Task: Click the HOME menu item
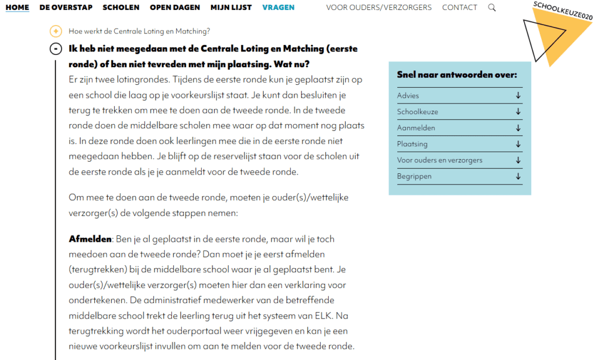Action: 17,8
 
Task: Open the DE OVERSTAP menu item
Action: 66,8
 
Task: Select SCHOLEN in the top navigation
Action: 121,8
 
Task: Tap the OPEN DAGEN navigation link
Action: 175,8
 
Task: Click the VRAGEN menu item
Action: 278,8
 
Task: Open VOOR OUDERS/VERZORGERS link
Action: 378,8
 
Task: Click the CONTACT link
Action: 460,8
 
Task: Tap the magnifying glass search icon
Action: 492,8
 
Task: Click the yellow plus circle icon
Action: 56,31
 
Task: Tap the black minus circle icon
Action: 56,49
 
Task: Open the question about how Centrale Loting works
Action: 139,31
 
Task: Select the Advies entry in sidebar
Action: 408,95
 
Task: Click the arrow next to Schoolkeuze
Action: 518,112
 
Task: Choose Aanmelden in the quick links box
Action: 416,128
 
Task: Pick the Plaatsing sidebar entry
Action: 412,144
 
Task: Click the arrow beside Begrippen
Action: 518,176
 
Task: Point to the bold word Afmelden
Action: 90,239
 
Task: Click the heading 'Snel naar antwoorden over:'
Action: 457,75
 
